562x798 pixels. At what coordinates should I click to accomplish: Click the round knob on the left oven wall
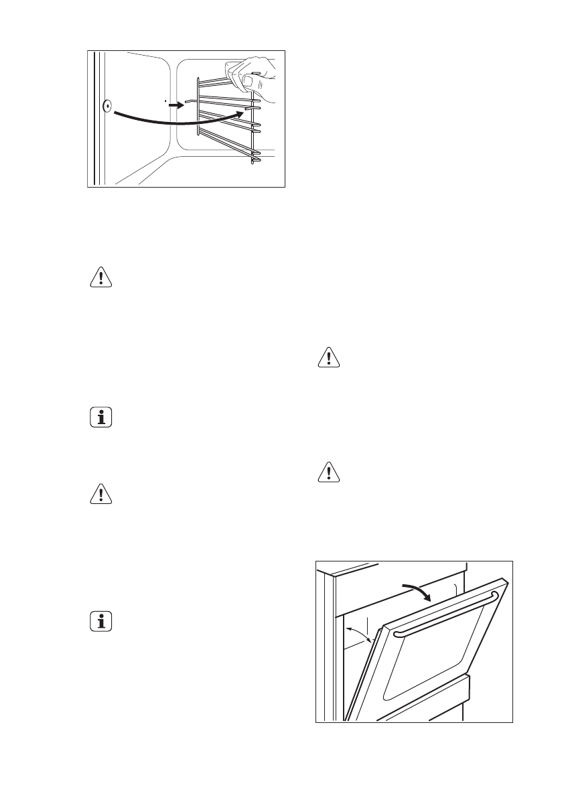coord(107,105)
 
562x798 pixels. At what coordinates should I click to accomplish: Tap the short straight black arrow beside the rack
coord(175,105)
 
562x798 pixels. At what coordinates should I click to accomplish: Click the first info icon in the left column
coord(101,419)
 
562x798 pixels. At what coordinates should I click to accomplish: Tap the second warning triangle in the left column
coord(101,495)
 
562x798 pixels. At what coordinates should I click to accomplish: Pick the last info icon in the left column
coord(101,622)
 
